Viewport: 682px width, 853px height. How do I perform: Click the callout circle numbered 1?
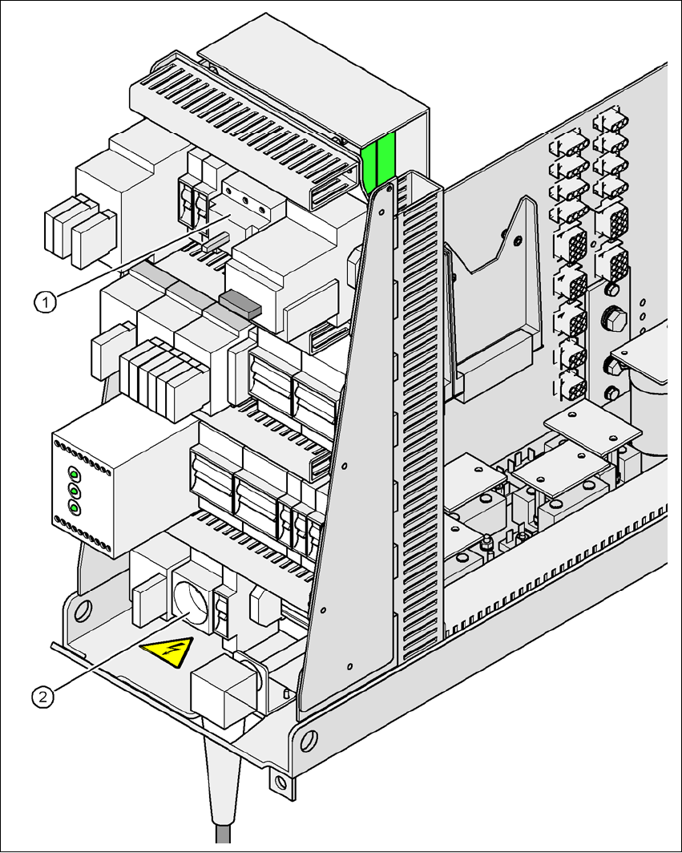[x=46, y=301]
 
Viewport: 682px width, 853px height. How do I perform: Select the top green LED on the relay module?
[x=75, y=474]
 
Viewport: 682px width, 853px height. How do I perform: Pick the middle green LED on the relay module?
[x=75, y=491]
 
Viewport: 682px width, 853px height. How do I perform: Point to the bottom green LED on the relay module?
[x=75, y=508]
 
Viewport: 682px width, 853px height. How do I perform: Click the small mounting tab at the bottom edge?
[x=279, y=782]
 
